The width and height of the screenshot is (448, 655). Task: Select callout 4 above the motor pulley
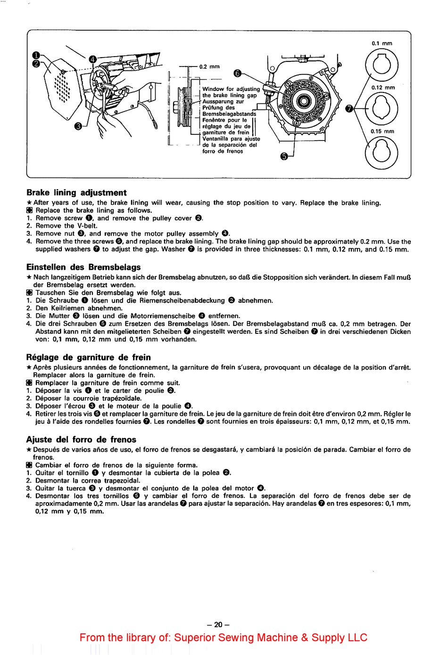(x=93, y=59)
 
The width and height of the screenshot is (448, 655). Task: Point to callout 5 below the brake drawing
(x=284, y=157)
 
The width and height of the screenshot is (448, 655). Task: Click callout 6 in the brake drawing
(x=237, y=73)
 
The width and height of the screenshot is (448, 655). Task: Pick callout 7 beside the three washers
(x=349, y=109)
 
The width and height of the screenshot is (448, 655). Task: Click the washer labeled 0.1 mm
(x=382, y=65)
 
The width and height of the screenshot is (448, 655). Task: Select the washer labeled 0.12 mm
(x=382, y=109)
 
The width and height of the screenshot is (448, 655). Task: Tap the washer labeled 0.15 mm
(x=382, y=153)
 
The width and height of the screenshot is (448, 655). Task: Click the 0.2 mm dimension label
(x=209, y=66)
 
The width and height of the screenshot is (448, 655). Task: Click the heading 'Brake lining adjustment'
(x=76, y=192)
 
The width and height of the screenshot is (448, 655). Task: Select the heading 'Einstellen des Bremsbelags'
(x=83, y=267)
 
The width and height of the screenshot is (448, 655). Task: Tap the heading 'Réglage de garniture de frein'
(x=89, y=357)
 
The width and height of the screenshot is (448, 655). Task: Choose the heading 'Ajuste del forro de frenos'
(x=81, y=439)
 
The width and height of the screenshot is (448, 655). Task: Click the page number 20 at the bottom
(x=218, y=624)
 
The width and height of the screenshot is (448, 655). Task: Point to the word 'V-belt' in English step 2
(x=87, y=225)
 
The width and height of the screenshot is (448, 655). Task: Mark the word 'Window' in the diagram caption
(x=213, y=89)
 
